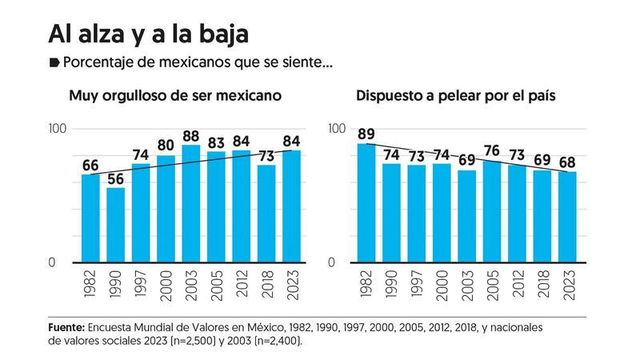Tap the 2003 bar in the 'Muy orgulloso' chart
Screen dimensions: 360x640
click(191, 204)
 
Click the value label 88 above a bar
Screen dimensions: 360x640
click(191, 134)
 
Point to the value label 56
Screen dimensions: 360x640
click(116, 177)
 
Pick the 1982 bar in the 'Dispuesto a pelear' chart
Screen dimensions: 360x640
click(367, 203)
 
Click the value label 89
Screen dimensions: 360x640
click(367, 134)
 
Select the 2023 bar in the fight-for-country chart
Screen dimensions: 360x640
click(566, 217)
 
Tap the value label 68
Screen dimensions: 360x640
click(566, 161)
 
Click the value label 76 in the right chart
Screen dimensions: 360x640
click(492, 150)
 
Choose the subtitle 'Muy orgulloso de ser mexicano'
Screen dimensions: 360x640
click(175, 96)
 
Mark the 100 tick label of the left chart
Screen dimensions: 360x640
click(61, 129)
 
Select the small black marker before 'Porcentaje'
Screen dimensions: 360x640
click(54, 62)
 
